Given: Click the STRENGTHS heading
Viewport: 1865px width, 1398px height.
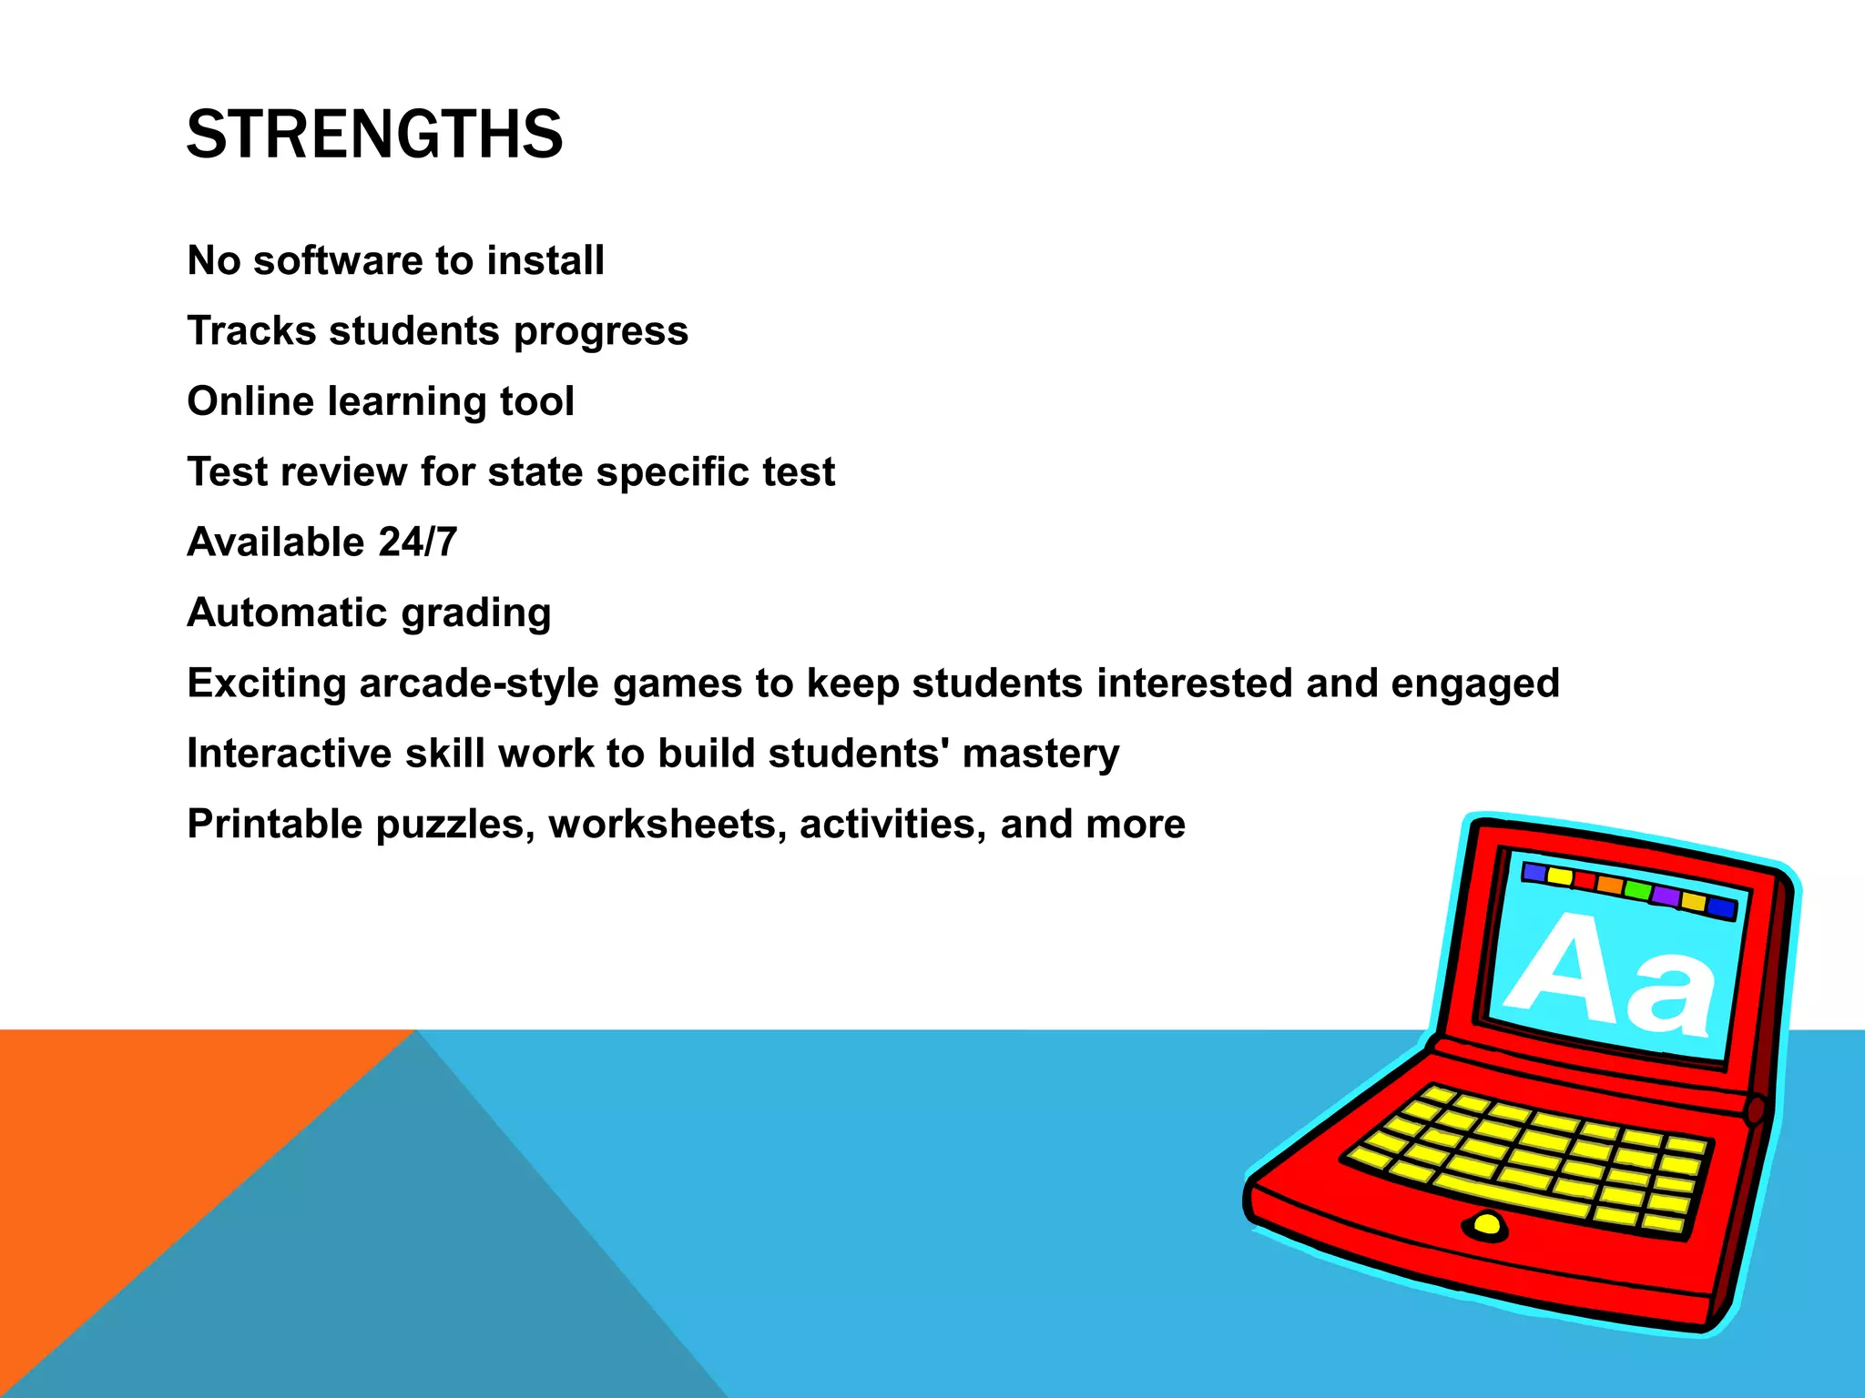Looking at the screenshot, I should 374,135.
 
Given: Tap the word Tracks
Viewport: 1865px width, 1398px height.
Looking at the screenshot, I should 251,331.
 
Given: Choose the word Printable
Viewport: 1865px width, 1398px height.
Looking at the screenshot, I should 274,824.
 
